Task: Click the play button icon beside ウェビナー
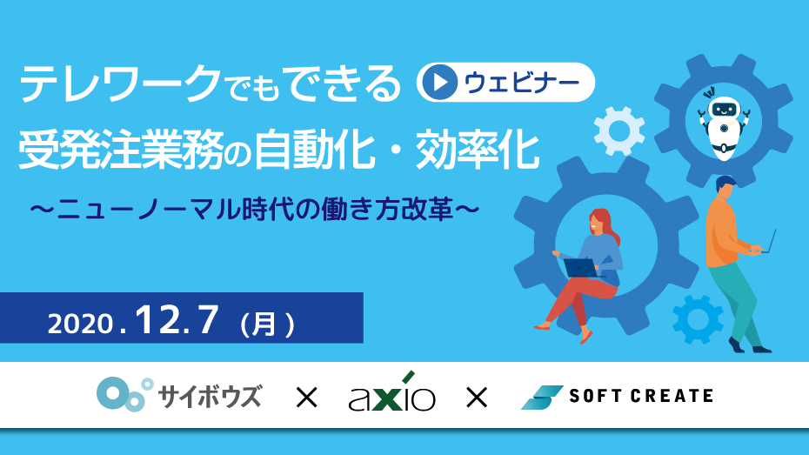(x=439, y=82)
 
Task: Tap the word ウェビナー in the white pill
(x=522, y=83)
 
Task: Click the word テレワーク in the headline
(x=120, y=84)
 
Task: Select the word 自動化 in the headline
(x=315, y=151)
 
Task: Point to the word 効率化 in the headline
(x=478, y=151)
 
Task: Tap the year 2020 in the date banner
(x=80, y=324)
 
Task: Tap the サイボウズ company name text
(x=210, y=396)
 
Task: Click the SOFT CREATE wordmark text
(x=641, y=396)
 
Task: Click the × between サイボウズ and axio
(x=306, y=398)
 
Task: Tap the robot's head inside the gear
(x=724, y=109)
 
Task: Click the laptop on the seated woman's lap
(x=581, y=268)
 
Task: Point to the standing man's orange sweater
(x=724, y=232)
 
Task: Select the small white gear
(x=619, y=131)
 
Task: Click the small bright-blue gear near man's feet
(x=698, y=319)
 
